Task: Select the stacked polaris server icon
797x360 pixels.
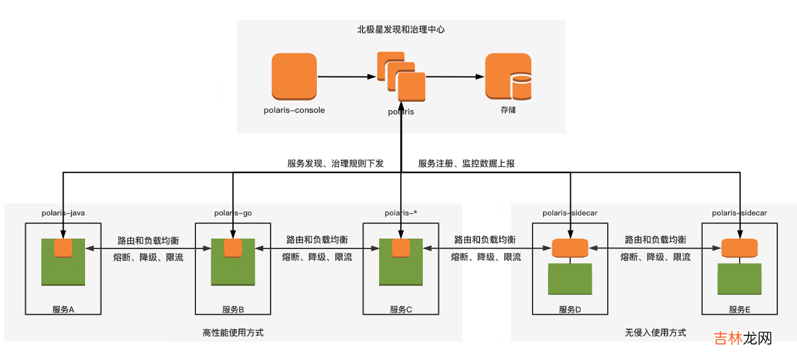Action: (x=401, y=77)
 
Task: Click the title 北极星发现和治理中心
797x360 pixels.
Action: (x=401, y=29)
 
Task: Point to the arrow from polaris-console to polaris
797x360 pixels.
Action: (x=346, y=77)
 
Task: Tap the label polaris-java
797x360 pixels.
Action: (x=63, y=213)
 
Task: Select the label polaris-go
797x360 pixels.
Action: (x=232, y=213)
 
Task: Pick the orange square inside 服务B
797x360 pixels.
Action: (x=233, y=248)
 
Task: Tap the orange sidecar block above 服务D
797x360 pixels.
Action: (x=570, y=248)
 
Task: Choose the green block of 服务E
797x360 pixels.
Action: (x=739, y=279)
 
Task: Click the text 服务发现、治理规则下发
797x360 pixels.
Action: (x=335, y=163)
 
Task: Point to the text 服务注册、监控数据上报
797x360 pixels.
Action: (x=467, y=163)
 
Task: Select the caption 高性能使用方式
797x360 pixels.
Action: (x=233, y=332)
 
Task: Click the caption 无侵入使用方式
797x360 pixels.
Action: (x=655, y=332)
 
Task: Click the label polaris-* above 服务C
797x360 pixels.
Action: (x=401, y=213)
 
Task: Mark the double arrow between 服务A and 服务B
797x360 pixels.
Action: (x=148, y=248)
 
